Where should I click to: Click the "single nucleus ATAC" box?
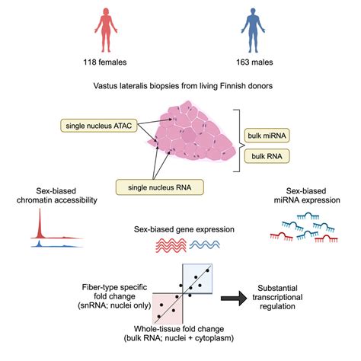[96, 123]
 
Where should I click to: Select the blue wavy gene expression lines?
[206, 245]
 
